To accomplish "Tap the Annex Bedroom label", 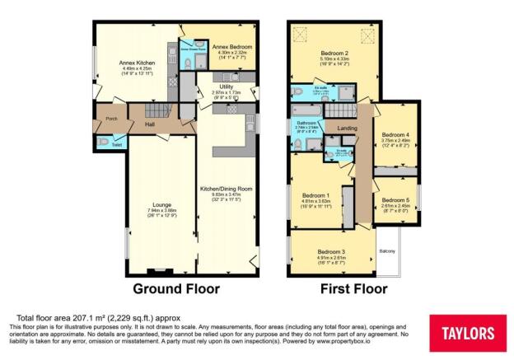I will [x=231, y=47].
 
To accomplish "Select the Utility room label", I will [x=225, y=86].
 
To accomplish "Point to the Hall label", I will [x=150, y=125].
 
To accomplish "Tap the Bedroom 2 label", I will [x=333, y=53].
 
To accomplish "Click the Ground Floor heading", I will [x=181, y=289].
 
